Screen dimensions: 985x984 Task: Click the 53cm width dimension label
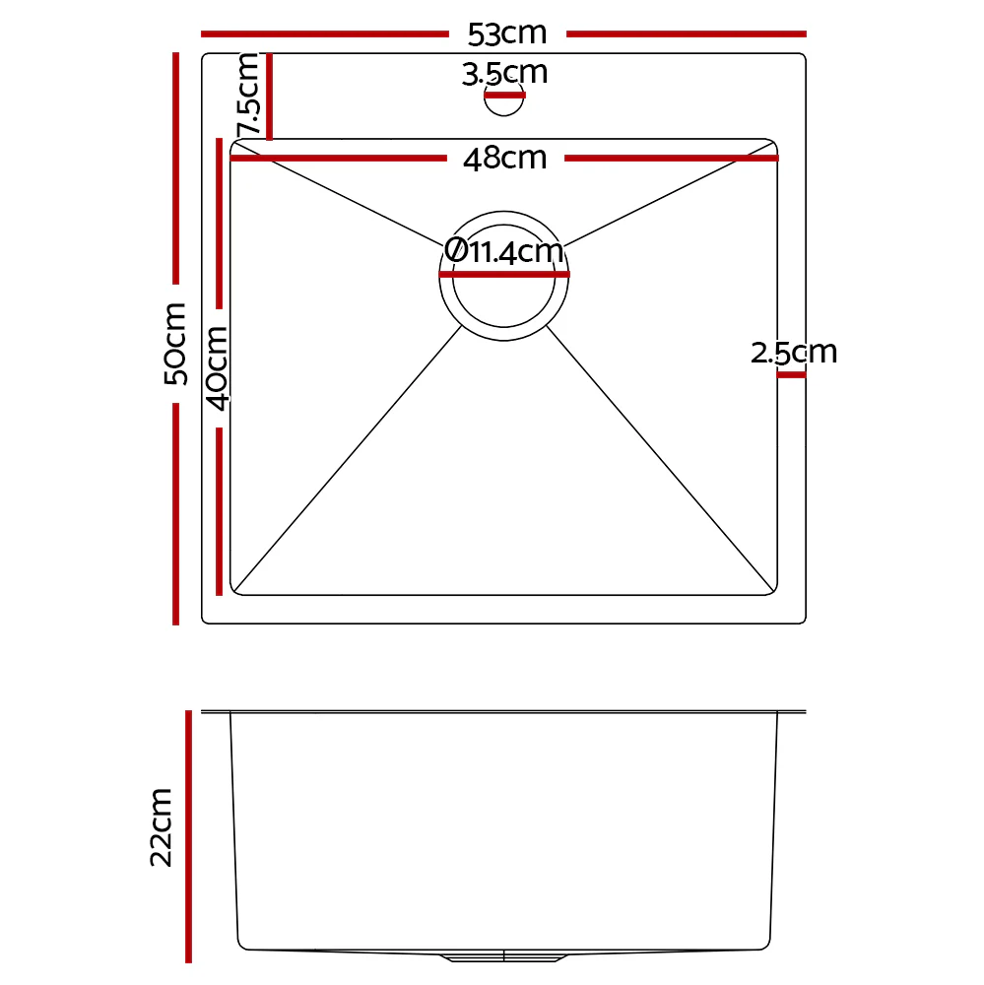(x=506, y=34)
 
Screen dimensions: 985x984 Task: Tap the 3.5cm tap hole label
(x=504, y=74)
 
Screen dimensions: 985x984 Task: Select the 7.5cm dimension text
(x=247, y=95)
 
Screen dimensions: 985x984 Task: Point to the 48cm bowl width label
(x=504, y=158)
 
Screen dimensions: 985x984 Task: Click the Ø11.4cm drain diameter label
(x=503, y=252)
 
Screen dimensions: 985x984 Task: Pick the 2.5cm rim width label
(x=794, y=353)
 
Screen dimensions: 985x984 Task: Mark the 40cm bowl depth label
(x=217, y=366)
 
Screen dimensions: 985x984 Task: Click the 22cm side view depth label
(x=162, y=826)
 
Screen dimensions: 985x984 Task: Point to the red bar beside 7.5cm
(x=269, y=97)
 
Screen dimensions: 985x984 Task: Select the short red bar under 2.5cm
(x=791, y=374)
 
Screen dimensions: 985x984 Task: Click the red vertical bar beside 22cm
(x=188, y=836)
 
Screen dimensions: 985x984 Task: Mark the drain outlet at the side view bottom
(x=503, y=955)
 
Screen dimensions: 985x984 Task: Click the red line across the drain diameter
(x=503, y=275)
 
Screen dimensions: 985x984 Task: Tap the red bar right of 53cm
(x=686, y=34)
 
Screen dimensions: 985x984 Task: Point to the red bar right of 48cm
(x=670, y=158)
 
